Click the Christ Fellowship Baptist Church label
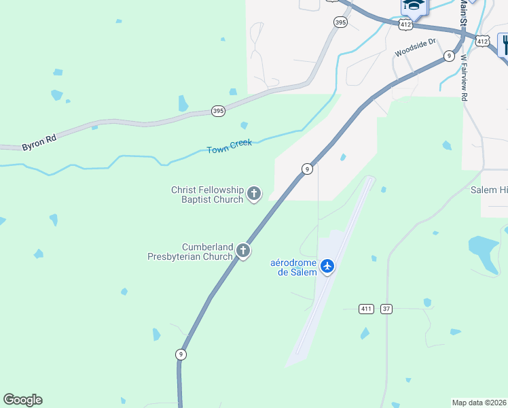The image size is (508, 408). pyautogui.click(x=206, y=194)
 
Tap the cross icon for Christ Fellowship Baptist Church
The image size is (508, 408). pyautogui.click(x=254, y=194)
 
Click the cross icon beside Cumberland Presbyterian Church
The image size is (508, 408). pyautogui.click(x=243, y=252)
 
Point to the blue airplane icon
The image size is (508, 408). pyautogui.click(x=328, y=265)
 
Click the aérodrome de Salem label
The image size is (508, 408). pyautogui.click(x=293, y=267)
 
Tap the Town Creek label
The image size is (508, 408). pyautogui.click(x=230, y=146)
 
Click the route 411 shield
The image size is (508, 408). pyautogui.click(x=367, y=309)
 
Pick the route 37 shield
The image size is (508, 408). pyautogui.click(x=386, y=309)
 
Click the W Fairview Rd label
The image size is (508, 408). pyautogui.click(x=465, y=78)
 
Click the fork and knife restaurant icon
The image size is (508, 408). pyautogui.click(x=504, y=45)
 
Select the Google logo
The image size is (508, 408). pyautogui.click(x=22, y=400)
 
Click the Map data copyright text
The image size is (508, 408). pyautogui.click(x=479, y=403)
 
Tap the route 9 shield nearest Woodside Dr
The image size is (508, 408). pyautogui.click(x=449, y=56)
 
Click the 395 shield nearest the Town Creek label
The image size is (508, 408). pyautogui.click(x=217, y=111)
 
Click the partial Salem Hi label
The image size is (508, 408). pyautogui.click(x=488, y=190)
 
